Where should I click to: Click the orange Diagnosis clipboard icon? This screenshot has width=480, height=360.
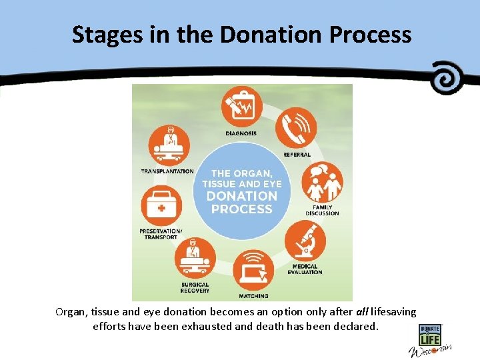pyautogui.click(x=241, y=107)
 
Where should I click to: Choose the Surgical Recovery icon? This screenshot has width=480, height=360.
pyautogui.click(x=195, y=258)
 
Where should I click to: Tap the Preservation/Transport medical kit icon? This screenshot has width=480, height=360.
pyautogui.click(x=161, y=206)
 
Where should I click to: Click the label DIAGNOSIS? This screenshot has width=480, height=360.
pyautogui.click(x=241, y=133)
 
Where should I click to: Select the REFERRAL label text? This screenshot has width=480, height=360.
pyautogui.click(x=297, y=155)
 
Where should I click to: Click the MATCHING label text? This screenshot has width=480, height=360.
pyautogui.click(x=253, y=296)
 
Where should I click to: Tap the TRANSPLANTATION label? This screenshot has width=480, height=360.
pyautogui.click(x=167, y=171)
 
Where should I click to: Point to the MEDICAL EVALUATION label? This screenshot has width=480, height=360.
pyautogui.click(x=305, y=269)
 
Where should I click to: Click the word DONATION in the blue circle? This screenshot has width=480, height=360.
pyautogui.click(x=241, y=196)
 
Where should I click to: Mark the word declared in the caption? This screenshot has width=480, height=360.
pyautogui.click(x=357, y=327)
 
